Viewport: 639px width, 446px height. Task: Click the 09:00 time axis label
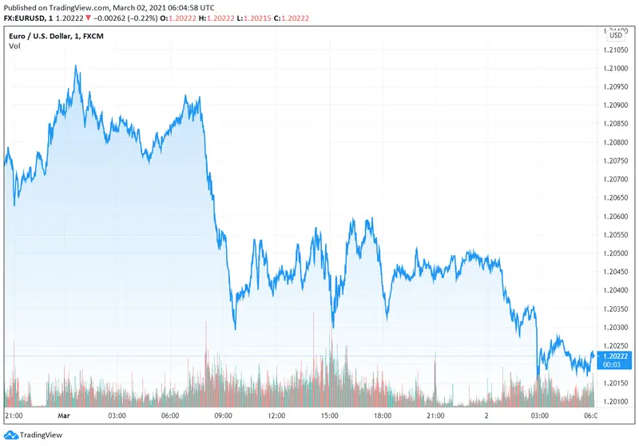tap(223, 416)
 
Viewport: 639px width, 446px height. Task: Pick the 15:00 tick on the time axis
tap(330, 416)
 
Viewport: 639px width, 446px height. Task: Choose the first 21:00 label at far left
tap(14, 416)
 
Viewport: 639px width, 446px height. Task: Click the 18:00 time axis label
tap(383, 416)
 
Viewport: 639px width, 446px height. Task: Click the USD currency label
tap(617, 35)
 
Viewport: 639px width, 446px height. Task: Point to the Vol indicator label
tap(14, 46)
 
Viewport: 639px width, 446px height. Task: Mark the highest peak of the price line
tap(76, 67)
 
